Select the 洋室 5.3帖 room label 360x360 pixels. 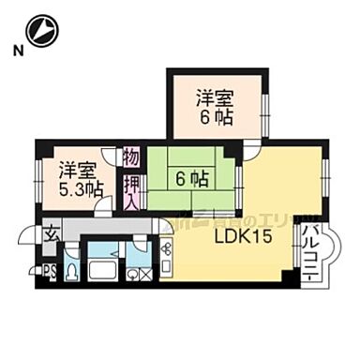(77, 179)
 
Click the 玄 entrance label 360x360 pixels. (50, 235)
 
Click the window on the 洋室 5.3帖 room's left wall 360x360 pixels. (38, 177)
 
